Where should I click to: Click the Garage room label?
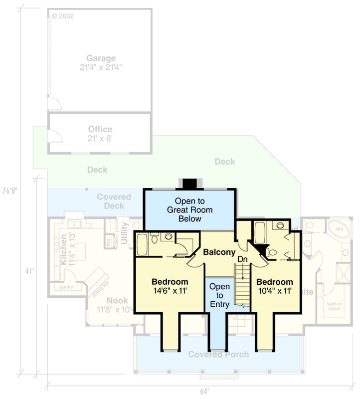tap(101, 58)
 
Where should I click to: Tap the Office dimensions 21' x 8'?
tap(101, 139)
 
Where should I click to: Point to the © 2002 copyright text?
tap(63, 16)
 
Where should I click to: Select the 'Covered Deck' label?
tap(114, 201)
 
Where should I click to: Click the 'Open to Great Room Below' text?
tap(190, 210)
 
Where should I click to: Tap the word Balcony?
tap(219, 252)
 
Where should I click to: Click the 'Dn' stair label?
tap(242, 259)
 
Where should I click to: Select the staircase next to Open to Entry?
tap(242, 287)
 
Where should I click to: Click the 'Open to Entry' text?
tap(219, 296)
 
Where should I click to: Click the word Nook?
tap(117, 301)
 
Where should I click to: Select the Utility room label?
tap(125, 233)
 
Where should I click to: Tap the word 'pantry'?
tap(67, 287)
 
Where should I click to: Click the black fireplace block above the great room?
tap(190, 184)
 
